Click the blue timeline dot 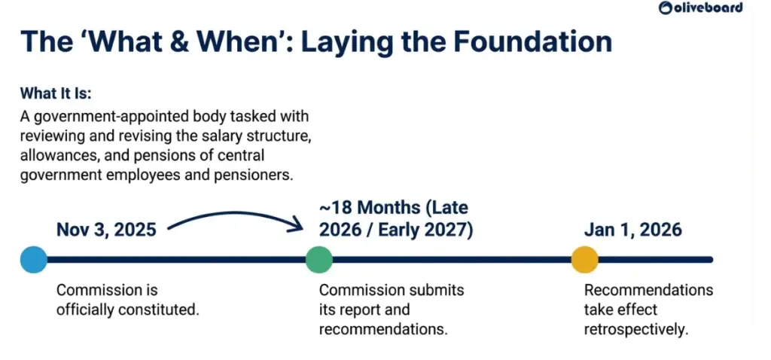[33, 260]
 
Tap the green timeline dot [318, 260]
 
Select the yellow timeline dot [584, 260]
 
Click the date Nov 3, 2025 [106, 229]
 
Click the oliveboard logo [700, 8]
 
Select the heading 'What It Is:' [60, 93]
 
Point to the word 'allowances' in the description [56, 154]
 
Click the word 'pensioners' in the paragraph [258, 172]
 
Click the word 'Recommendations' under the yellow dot [648, 290]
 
